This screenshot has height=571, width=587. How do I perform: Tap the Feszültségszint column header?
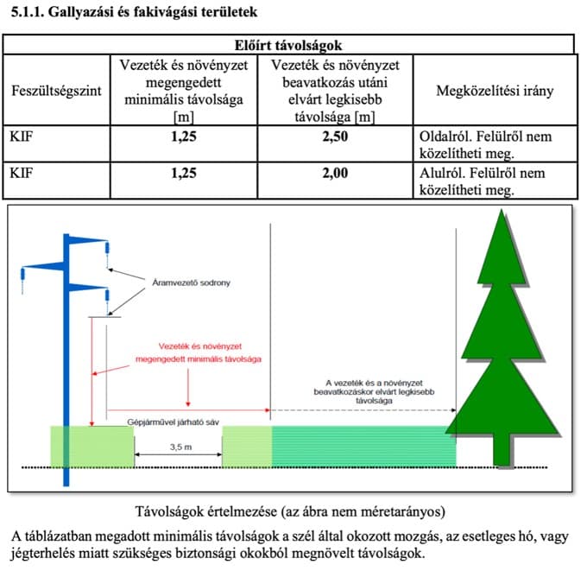click(x=53, y=91)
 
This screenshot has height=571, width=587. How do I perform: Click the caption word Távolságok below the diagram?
click(x=173, y=509)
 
